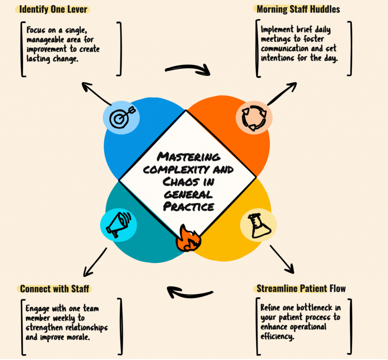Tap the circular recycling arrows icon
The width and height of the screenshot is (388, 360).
coord(254,118)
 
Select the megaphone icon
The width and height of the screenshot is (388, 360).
coord(118,225)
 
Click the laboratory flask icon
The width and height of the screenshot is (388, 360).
coord(259,225)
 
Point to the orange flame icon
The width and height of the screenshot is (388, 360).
coord(189,239)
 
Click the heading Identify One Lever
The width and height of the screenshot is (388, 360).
coord(53,9)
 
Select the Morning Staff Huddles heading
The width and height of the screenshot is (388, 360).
coord(298,9)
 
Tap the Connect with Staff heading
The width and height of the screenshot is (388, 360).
coord(55,289)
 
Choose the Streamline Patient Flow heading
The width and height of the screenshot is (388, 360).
coord(301,288)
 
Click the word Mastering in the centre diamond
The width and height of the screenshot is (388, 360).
coord(189,157)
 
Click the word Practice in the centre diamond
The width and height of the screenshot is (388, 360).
coord(189,207)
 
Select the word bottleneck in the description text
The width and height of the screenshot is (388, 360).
coord(314,308)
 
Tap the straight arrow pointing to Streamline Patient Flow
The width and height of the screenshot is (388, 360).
coord(282,259)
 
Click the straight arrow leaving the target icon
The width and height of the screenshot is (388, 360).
coord(97,94)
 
